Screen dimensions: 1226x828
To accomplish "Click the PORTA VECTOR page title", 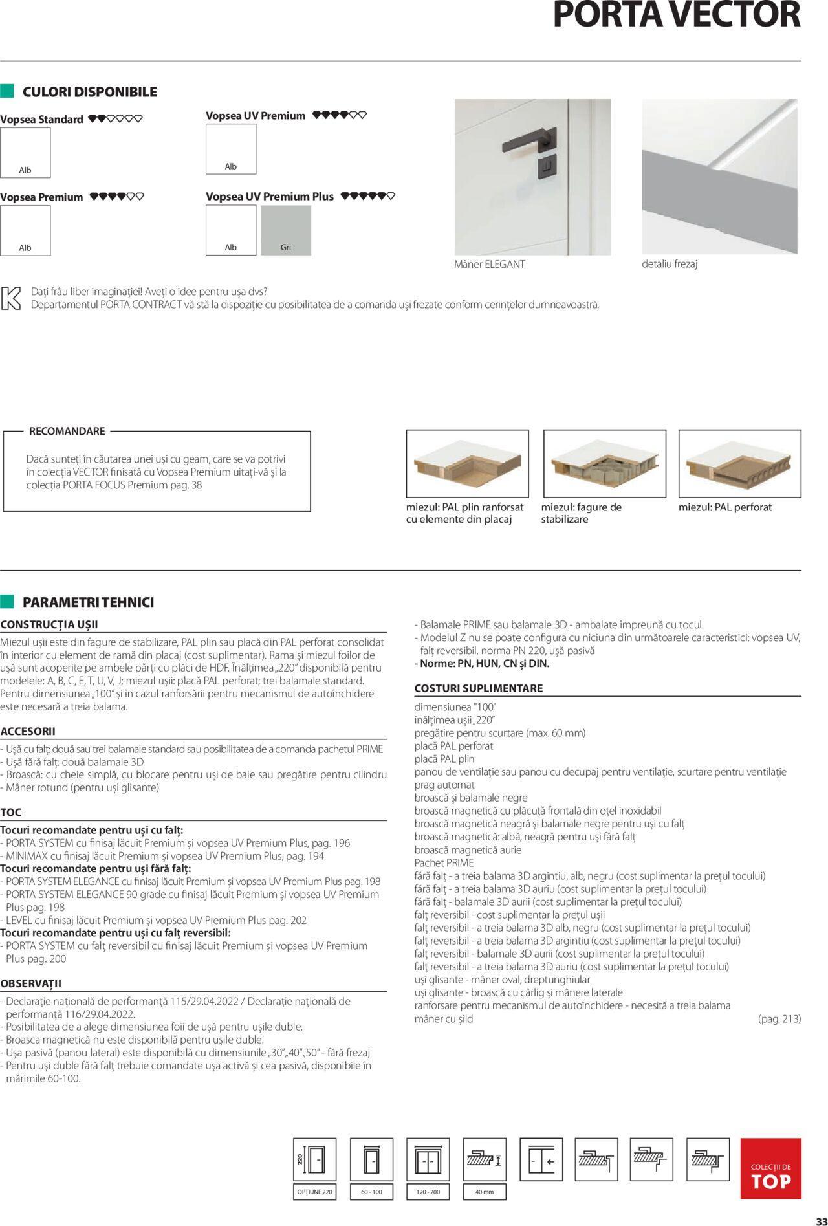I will coord(677,16).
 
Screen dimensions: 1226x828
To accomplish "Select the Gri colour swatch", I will coord(286,230).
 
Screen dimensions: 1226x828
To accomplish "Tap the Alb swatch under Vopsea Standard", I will coord(25,153).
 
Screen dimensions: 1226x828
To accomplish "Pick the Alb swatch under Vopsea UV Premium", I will coord(231,149).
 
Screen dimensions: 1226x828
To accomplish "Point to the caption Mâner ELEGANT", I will coord(490,264).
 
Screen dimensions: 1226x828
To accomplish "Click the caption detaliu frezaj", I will coord(670,264).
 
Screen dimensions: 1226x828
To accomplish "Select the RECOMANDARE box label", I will coord(67,431).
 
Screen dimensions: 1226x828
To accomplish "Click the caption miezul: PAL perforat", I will coord(724,507).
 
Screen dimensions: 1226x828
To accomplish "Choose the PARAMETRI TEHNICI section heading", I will coord(88,602).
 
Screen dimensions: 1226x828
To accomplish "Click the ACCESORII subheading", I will coord(28,731).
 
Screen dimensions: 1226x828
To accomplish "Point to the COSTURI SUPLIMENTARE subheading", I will coord(478,688).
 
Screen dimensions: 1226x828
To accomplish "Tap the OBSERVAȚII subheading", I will coord(31,983).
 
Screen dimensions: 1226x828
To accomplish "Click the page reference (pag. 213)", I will coord(779,1018).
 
